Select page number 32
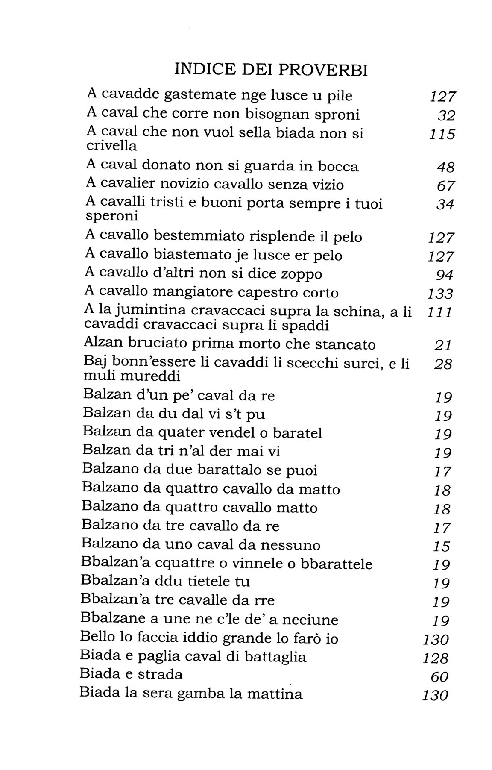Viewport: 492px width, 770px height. coord(446,116)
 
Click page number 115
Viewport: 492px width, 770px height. coord(442,135)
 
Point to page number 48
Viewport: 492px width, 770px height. coord(446,167)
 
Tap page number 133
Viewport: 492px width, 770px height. coord(440,294)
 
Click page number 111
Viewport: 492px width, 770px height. coord(439,313)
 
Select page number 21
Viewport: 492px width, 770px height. coord(443,345)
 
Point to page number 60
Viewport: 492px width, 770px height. coord(440,677)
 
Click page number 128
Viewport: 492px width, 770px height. coord(436,658)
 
